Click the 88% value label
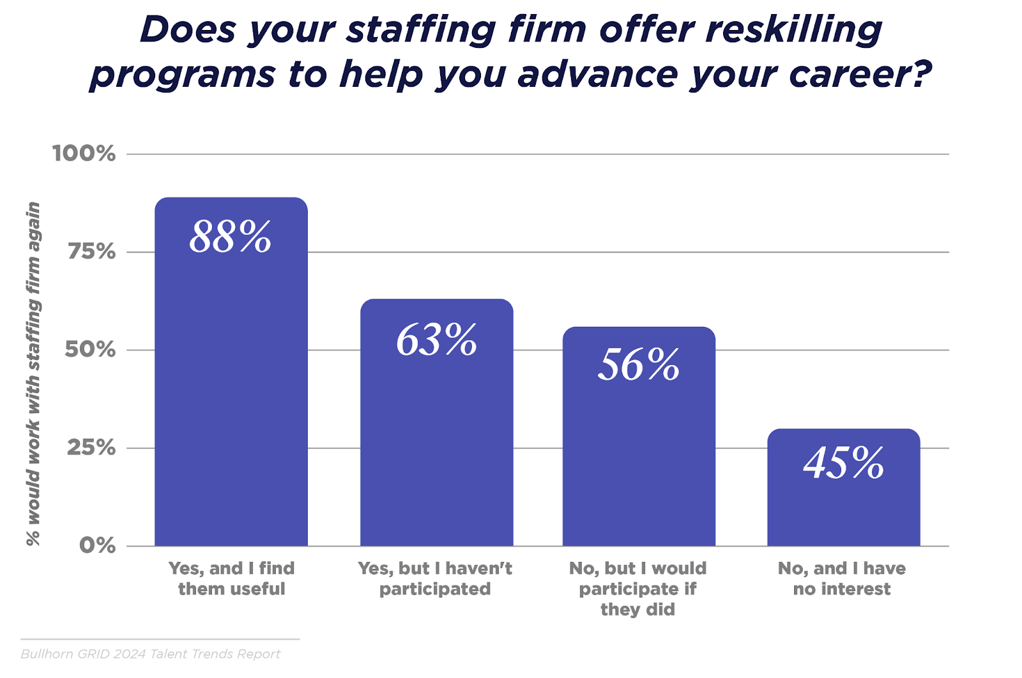click(231, 237)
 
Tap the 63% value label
click(436, 340)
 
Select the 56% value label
click(638, 365)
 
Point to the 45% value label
click(843, 463)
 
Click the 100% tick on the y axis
click(84, 154)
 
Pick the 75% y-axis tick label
click(91, 252)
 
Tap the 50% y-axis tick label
click(90, 350)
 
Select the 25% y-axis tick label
click(91, 448)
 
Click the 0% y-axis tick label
click(97, 546)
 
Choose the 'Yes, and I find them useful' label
click(231, 578)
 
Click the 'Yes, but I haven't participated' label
click(435, 578)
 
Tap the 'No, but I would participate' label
click(638, 589)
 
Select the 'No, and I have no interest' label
click(842, 578)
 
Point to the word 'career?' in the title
click(860, 75)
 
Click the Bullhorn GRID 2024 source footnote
click(151, 654)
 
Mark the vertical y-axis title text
click(33, 373)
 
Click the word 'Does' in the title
click(188, 30)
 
